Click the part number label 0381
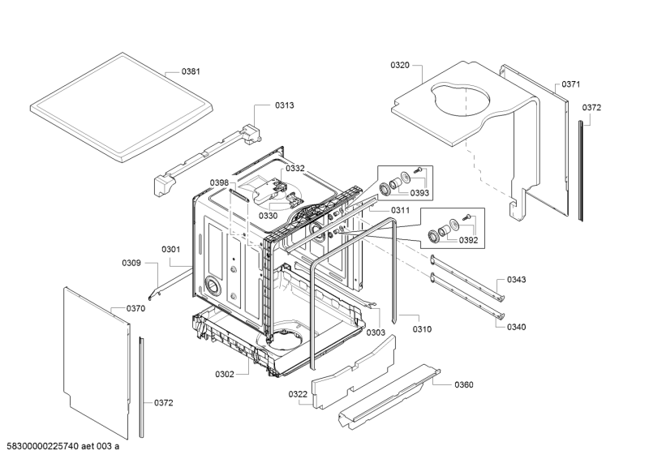click(x=191, y=71)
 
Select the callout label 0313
click(x=285, y=105)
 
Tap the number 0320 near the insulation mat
click(x=400, y=65)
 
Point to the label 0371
click(x=571, y=84)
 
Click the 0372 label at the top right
click(x=591, y=108)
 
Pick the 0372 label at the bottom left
click(x=164, y=403)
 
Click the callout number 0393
click(x=419, y=193)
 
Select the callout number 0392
click(x=468, y=240)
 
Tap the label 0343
click(x=517, y=280)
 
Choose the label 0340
click(x=517, y=328)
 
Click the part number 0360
click(x=464, y=385)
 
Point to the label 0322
click(x=298, y=394)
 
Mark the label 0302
click(x=225, y=375)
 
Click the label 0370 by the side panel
click(x=135, y=309)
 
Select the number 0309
click(x=131, y=264)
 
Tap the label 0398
click(x=219, y=183)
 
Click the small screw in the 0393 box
click(x=418, y=169)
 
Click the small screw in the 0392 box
click(x=467, y=216)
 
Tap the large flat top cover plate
click(x=122, y=107)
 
